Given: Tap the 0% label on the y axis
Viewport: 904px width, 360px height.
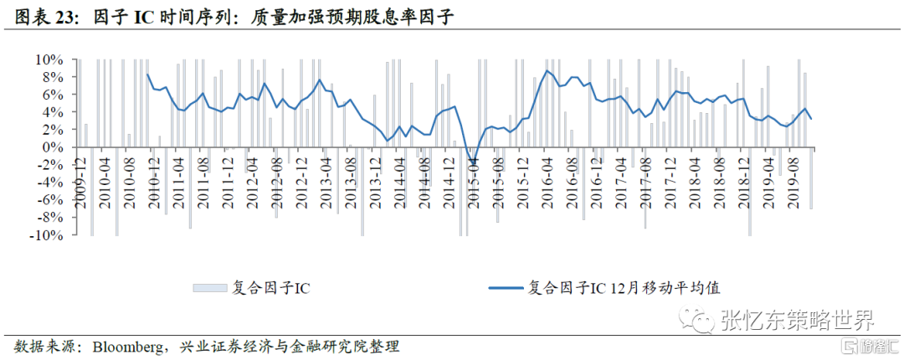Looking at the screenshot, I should click(x=54, y=148).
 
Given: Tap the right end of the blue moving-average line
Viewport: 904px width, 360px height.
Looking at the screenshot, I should click(x=811, y=119).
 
